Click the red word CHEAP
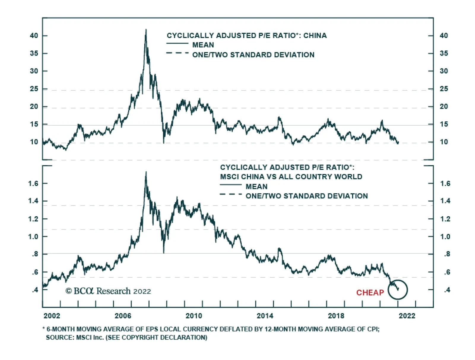click(x=370, y=293)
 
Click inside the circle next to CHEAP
click(x=398, y=290)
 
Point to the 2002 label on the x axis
click(x=52, y=316)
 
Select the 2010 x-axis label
click(x=194, y=316)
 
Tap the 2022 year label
click(x=407, y=316)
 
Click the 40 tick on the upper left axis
click(x=34, y=36)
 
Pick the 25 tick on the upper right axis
click(x=444, y=89)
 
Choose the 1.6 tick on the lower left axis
click(x=33, y=183)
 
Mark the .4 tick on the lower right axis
click(x=447, y=290)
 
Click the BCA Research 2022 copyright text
click(x=108, y=291)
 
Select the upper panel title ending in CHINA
click(x=246, y=36)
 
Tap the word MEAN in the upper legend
click(x=203, y=45)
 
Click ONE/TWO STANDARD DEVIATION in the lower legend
click(x=307, y=196)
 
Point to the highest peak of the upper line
click(x=146, y=30)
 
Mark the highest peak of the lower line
click(x=146, y=172)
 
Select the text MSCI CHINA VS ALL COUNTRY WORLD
click(x=291, y=177)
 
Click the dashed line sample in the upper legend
click(x=177, y=53)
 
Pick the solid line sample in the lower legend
click(x=231, y=185)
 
